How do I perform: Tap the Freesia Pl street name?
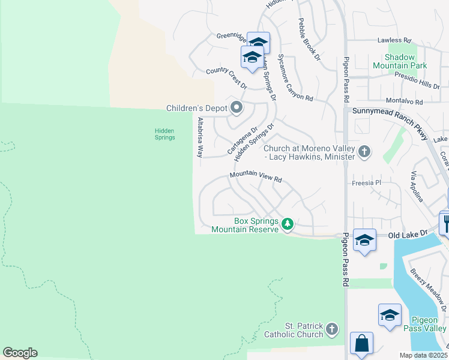(x=366, y=181)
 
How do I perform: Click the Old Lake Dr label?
(x=408, y=233)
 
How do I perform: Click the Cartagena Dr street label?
(x=242, y=139)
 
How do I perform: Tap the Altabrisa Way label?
(x=200, y=137)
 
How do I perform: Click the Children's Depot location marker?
(x=237, y=109)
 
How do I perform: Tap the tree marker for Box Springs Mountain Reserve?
(x=288, y=224)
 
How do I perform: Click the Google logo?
(x=20, y=352)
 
